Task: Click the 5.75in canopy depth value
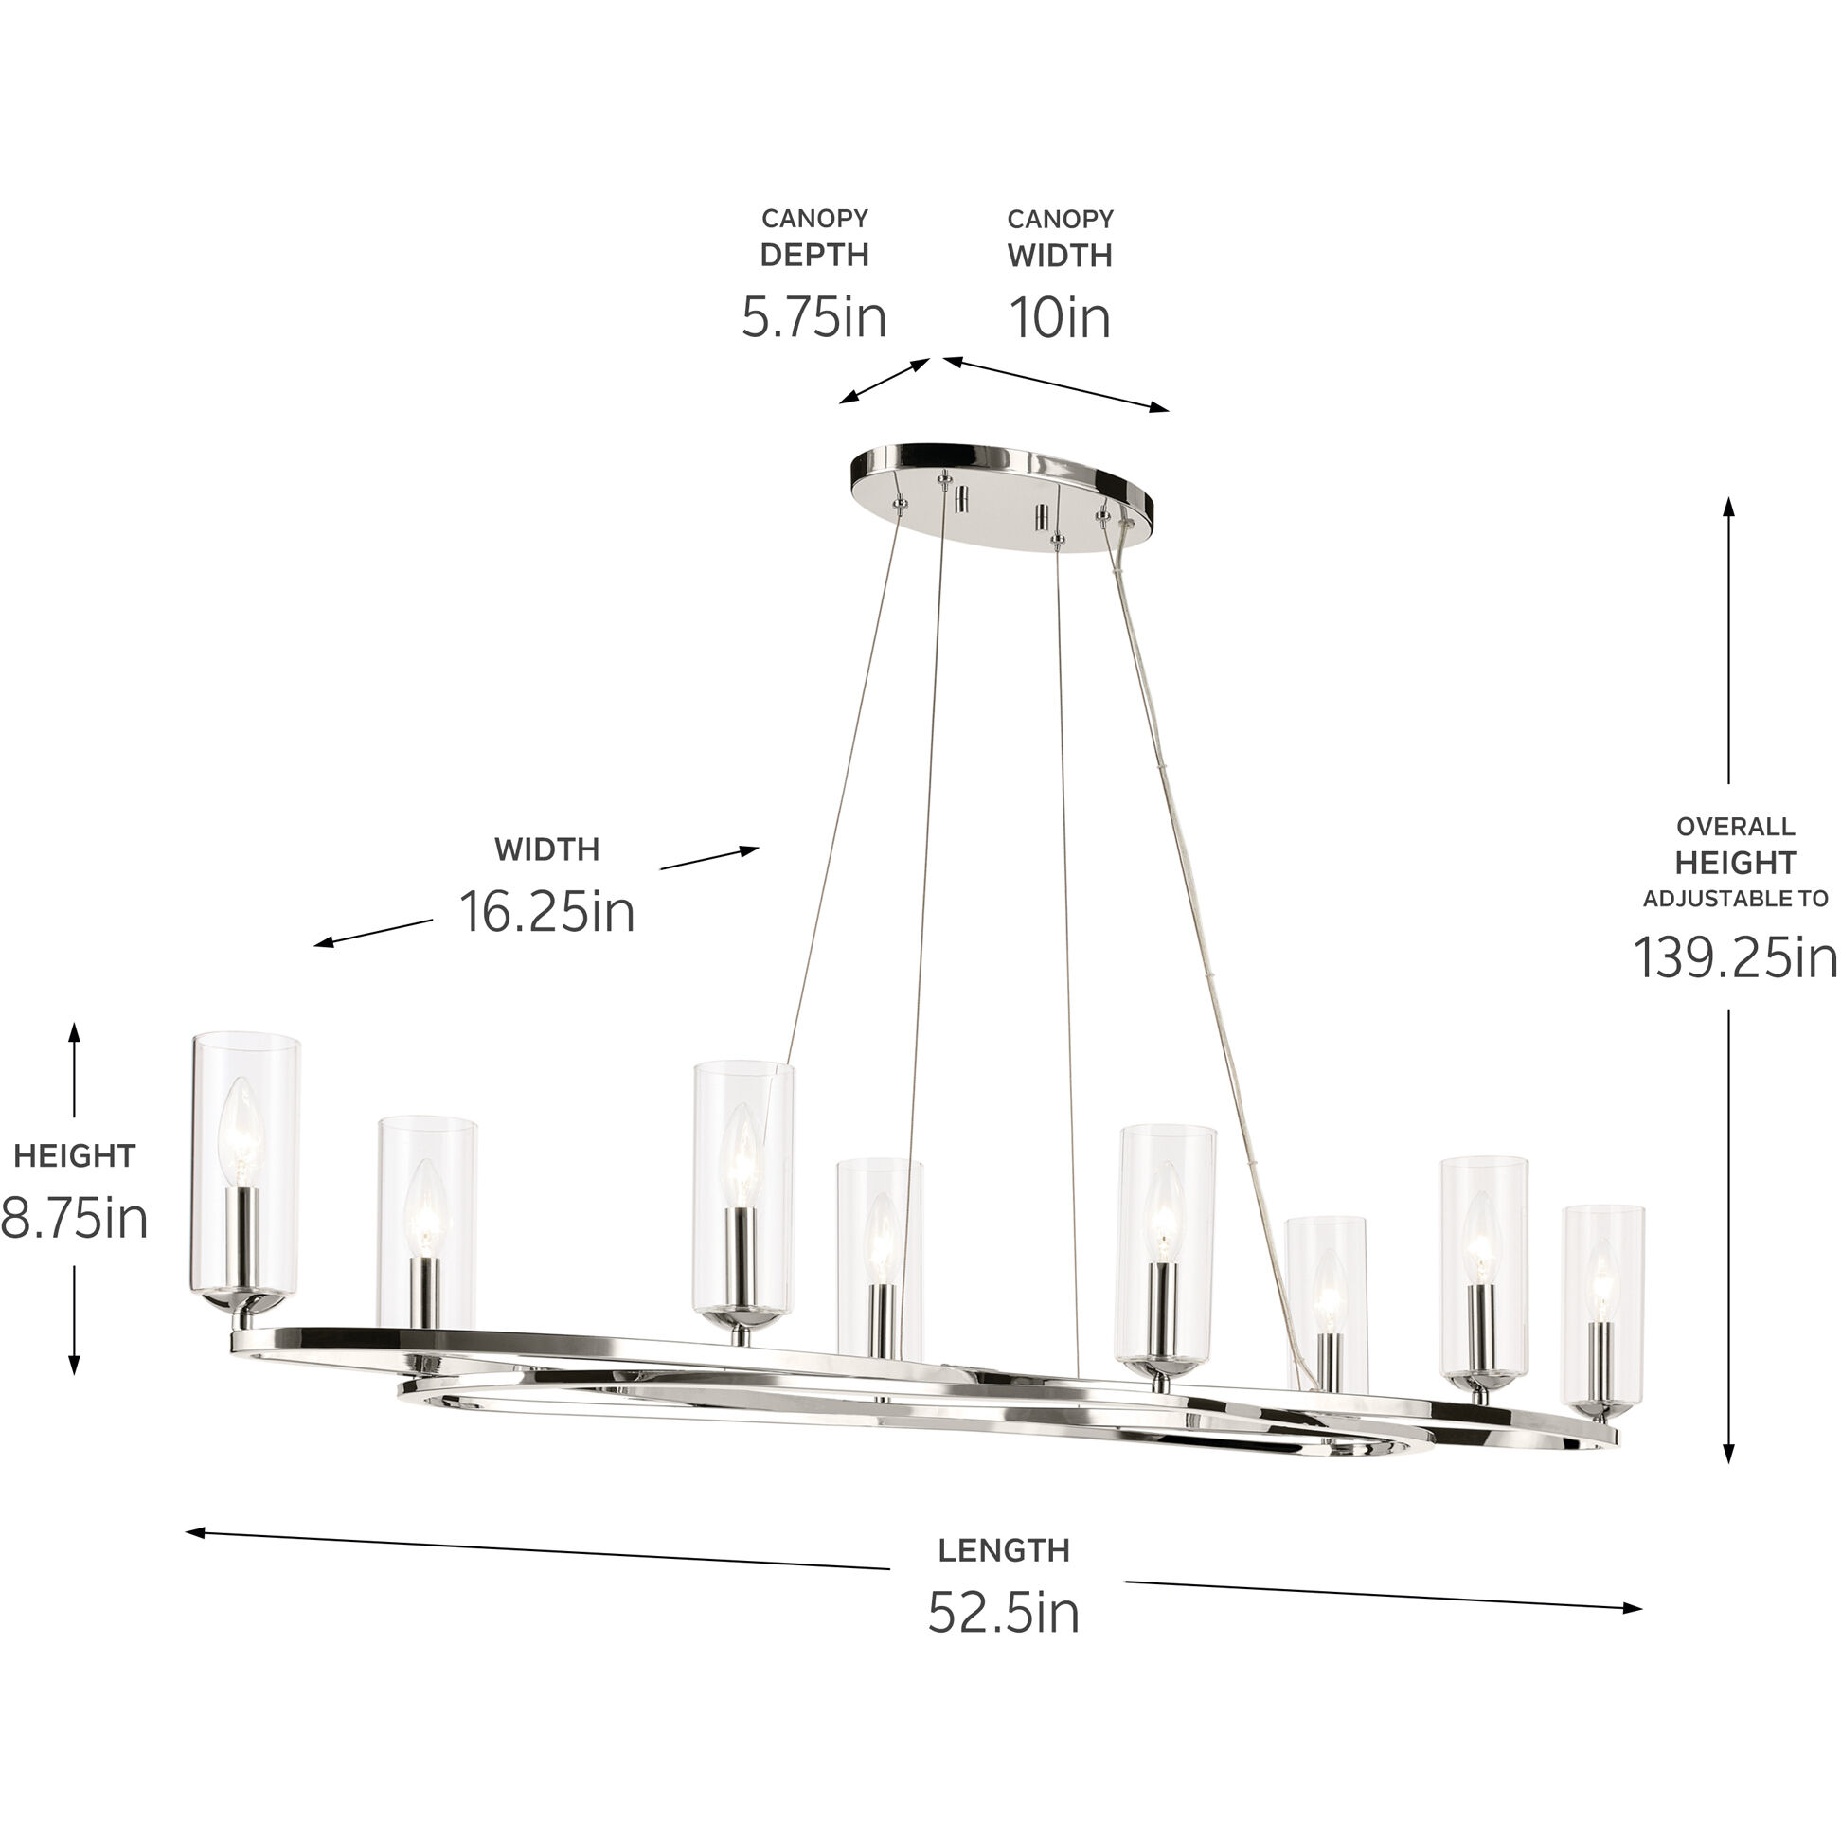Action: pyautogui.click(x=813, y=317)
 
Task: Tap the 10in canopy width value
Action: pyautogui.click(x=1060, y=317)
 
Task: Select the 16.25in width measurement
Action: pyautogui.click(x=547, y=912)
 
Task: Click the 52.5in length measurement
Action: pyautogui.click(x=1004, y=1613)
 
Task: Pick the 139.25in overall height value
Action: pyautogui.click(x=1735, y=956)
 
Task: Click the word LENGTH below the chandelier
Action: pyautogui.click(x=1004, y=1550)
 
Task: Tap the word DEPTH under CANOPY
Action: pyautogui.click(x=813, y=256)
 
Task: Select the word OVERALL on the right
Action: pyautogui.click(x=1735, y=827)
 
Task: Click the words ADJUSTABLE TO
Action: pyautogui.click(x=1735, y=899)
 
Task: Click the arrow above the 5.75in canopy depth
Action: pyautogui.click(x=885, y=381)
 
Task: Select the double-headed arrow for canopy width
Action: pyautogui.click(x=1056, y=385)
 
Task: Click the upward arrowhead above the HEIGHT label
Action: pyautogui.click(x=74, y=1031)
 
